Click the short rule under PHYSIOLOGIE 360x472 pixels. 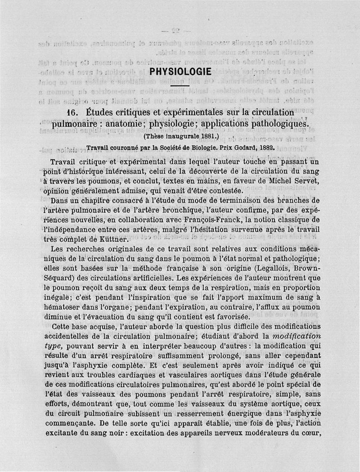point(180,85)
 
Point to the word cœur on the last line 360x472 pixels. point(311,433)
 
